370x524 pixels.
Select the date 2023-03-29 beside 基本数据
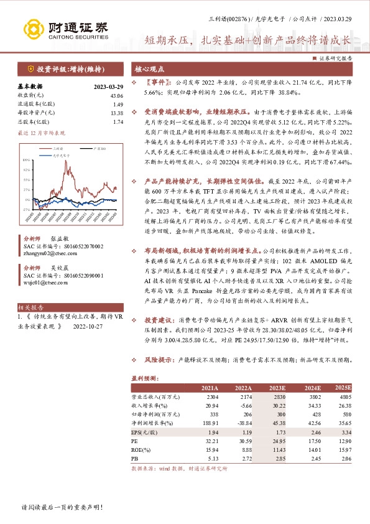[109, 87]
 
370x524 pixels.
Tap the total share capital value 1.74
[118, 122]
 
